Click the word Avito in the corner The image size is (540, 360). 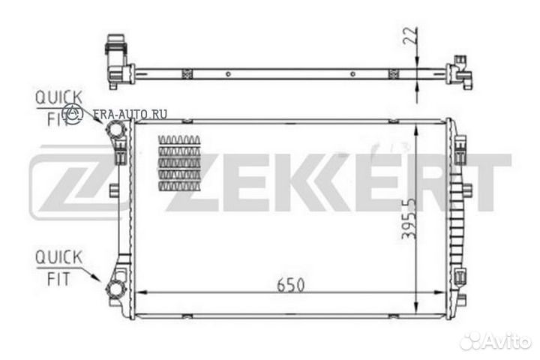507,341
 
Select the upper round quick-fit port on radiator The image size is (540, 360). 117,133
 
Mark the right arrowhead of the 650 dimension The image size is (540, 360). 442,293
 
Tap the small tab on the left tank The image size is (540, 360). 114,190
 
